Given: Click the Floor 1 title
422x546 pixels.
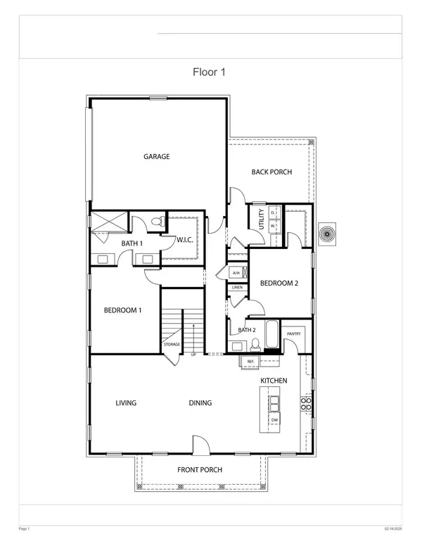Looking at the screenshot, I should [209, 72].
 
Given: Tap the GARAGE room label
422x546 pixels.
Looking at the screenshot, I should [157, 157].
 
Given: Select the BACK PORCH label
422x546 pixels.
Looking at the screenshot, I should [271, 172].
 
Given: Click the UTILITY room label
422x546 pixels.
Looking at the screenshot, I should [261, 219].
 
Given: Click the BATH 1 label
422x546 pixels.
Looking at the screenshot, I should [132, 243].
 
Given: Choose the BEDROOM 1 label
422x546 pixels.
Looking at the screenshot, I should [123, 310].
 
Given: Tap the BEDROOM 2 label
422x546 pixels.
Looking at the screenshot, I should [280, 284].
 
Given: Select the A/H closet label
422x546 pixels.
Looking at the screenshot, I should [236, 273].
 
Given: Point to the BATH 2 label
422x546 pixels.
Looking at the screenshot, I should [246, 330].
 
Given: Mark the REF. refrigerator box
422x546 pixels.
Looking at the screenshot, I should [249, 361].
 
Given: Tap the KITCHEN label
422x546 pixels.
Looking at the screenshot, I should [274, 380].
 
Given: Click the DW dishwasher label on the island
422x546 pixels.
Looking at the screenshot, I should [274, 421].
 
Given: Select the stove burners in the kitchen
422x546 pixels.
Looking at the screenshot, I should [306, 403].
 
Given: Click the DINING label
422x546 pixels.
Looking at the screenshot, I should [200, 403].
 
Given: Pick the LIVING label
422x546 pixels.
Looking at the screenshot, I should [125, 403].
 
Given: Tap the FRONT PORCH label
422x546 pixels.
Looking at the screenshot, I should [201, 470].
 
